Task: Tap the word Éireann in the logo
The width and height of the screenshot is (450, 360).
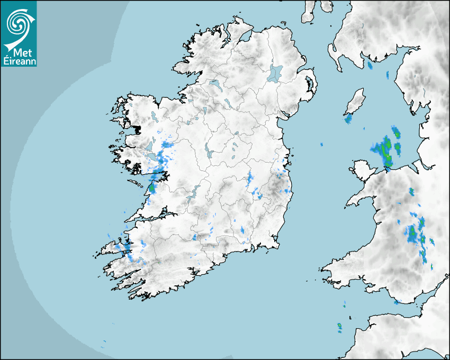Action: pyautogui.click(x=19, y=61)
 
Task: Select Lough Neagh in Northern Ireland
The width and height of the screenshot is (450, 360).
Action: pyautogui.click(x=275, y=73)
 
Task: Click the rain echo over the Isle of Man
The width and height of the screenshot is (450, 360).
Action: pyautogui.click(x=348, y=119)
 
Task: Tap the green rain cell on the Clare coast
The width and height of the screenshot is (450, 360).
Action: pyautogui.click(x=152, y=187)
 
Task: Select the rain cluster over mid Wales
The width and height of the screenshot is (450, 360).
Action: pyautogui.click(x=416, y=233)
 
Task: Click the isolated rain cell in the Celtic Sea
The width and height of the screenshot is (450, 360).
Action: pyautogui.click(x=339, y=327)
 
